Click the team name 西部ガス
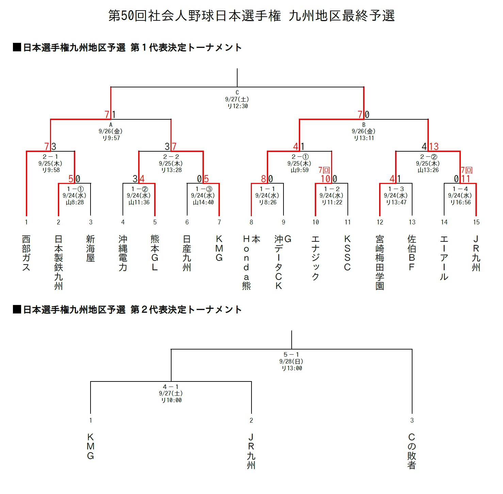(x=26, y=253)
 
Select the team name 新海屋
(x=91, y=249)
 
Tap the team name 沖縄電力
(x=123, y=253)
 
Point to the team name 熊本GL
(x=155, y=253)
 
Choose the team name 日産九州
(x=187, y=253)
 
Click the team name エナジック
(x=315, y=258)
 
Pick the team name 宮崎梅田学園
(x=380, y=262)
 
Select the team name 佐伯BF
(x=412, y=253)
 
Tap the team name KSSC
(x=347, y=253)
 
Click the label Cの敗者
(x=412, y=451)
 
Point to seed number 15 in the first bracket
(x=476, y=222)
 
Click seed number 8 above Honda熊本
(x=251, y=222)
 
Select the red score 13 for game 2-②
(x=434, y=147)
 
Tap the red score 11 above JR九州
(x=465, y=179)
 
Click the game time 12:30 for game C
(x=240, y=106)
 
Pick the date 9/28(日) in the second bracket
(x=291, y=361)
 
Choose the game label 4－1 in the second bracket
(x=171, y=387)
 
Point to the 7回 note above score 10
(x=324, y=170)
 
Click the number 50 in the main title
(x=128, y=16)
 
